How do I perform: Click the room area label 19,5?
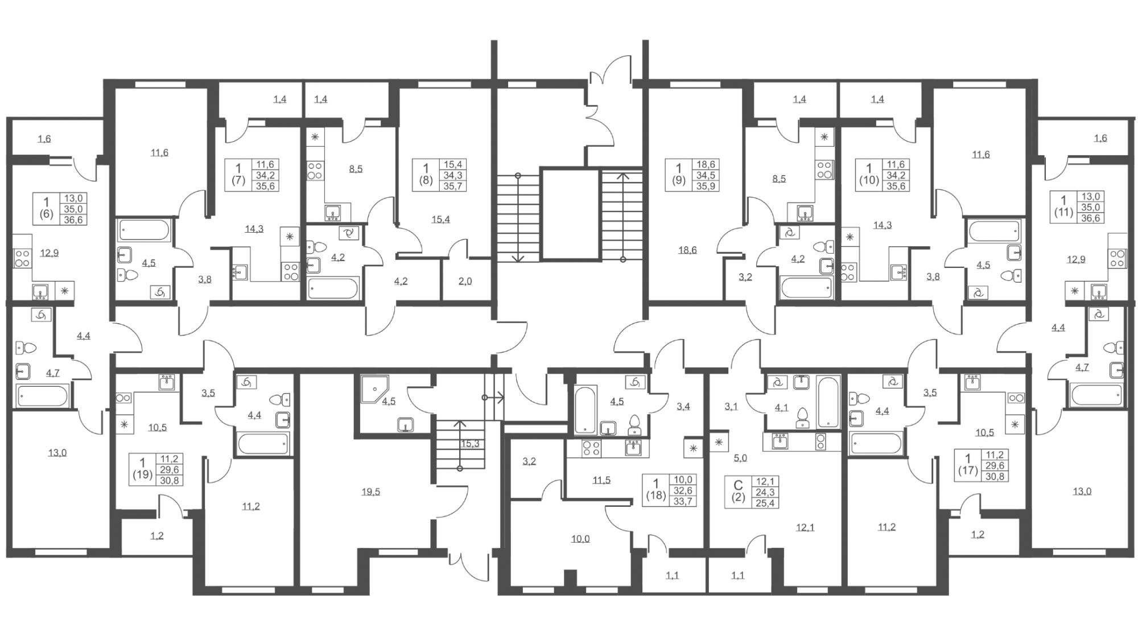[370, 492]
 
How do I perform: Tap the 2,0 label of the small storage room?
[465, 281]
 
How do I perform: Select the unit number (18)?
[655, 496]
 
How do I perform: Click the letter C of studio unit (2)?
[738, 485]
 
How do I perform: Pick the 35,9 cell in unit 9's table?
[706, 185]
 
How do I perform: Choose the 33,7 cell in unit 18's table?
[683, 501]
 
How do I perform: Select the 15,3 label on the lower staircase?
[469, 443]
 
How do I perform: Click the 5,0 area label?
[740, 457]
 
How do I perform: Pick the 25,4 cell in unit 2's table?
[765, 503]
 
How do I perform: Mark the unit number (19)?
[142, 474]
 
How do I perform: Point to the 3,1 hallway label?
[731, 407]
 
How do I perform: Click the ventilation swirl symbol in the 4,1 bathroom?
[776, 383]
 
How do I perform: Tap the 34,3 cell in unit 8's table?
[453, 175]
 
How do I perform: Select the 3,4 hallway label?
[683, 407]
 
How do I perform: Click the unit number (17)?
[967, 471]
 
